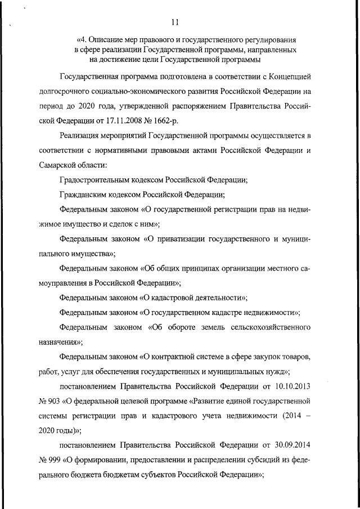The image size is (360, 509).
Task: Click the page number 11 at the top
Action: (176, 22)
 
